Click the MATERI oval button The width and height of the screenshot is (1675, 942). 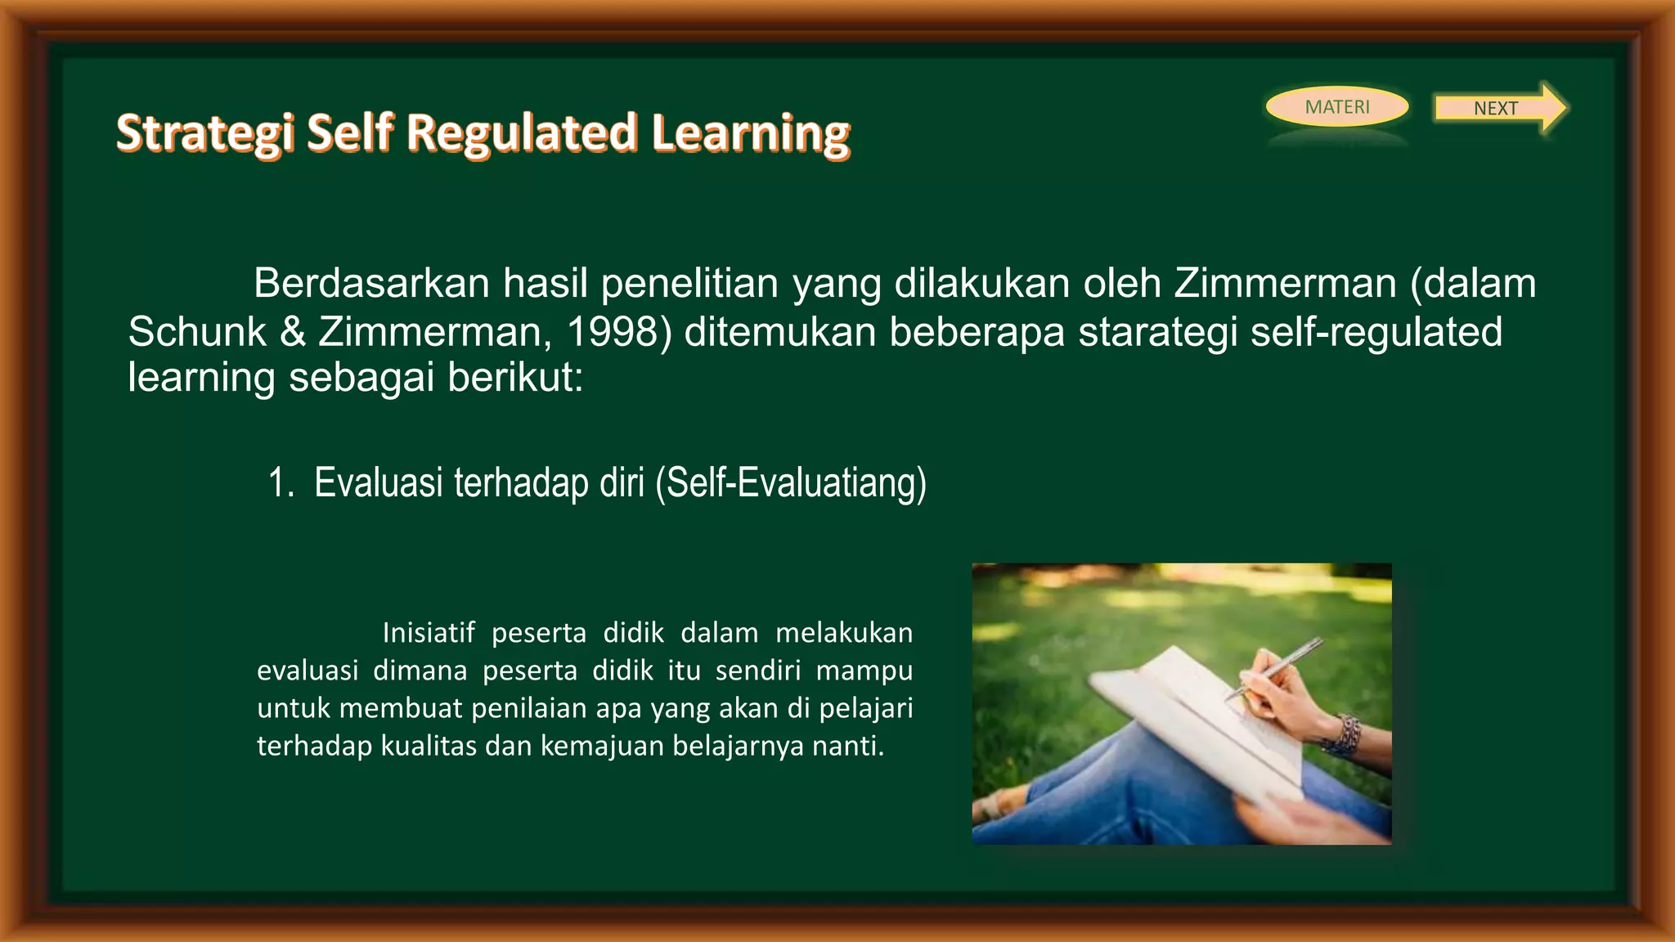(x=1336, y=107)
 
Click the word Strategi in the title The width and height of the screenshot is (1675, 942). (x=204, y=133)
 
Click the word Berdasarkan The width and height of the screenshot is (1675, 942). (x=371, y=284)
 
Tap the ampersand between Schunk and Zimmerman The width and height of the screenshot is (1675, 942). (x=292, y=332)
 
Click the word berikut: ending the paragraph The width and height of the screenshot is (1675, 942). (x=515, y=377)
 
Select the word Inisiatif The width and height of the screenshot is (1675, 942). (x=428, y=633)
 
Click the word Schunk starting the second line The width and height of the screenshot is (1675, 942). (x=197, y=332)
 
